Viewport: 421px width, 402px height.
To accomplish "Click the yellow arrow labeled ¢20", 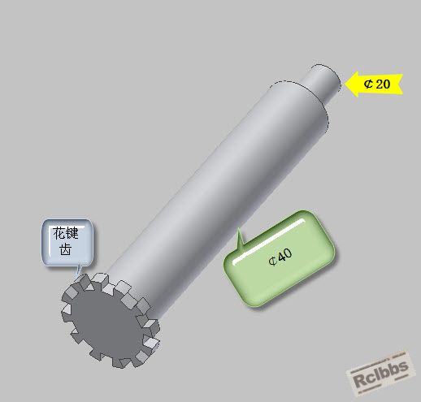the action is pyautogui.click(x=374, y=84).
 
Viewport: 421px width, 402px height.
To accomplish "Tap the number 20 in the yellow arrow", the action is pyautogui.click(x=383, y=84).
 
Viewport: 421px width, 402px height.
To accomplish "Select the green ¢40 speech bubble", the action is pyautogui.click(x=279, y=258).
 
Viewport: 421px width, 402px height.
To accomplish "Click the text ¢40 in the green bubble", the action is pyautogui.click(x=280, y=257).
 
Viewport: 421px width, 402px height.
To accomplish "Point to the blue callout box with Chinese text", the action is pyautogui.click(x=67, y=242).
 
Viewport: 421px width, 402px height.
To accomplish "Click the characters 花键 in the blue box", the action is pyautogui.click(x=66, y=233).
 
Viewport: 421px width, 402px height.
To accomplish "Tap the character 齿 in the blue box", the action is pyautogui.click(x=66, y=249).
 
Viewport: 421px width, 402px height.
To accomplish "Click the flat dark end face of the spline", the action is pyautogui.click(x=106, y=322).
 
